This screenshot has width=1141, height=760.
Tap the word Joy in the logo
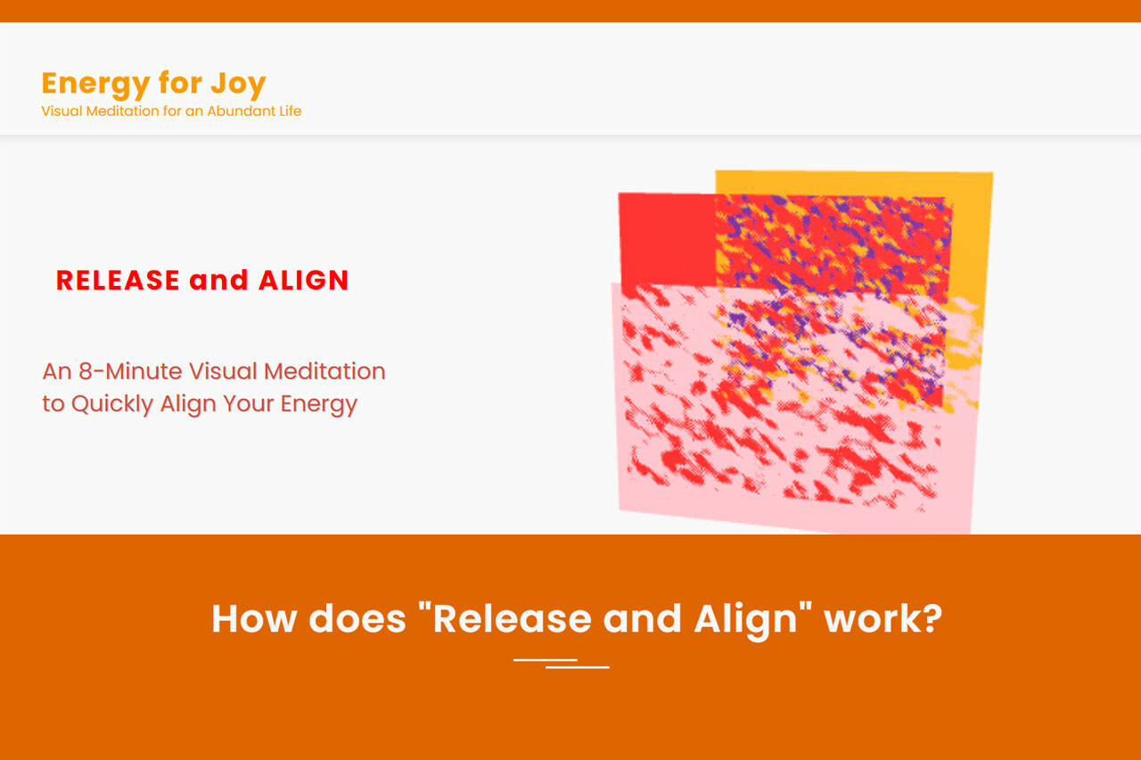(x=238, y=85)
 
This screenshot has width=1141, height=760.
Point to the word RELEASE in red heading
(x=118, y=281)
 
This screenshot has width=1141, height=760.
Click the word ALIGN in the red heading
(x=304, y=281)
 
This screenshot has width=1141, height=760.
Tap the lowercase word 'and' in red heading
(x=218, y=281)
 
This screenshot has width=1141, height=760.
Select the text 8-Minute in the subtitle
(x=130, y=372)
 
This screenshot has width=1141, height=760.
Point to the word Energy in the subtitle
(x=319, y=405)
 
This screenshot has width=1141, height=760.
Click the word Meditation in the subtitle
(x=324, y=372)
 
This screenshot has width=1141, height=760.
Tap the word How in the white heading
(x=254, y=619)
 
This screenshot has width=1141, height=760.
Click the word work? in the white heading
(x=883, y=619)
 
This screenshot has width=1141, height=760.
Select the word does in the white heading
(x=357, y=619)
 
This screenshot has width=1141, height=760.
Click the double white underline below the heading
(x=562, y=663)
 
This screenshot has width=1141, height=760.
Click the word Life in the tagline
(x=290, y=111)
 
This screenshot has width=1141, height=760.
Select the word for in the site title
(x=180, y=83)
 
